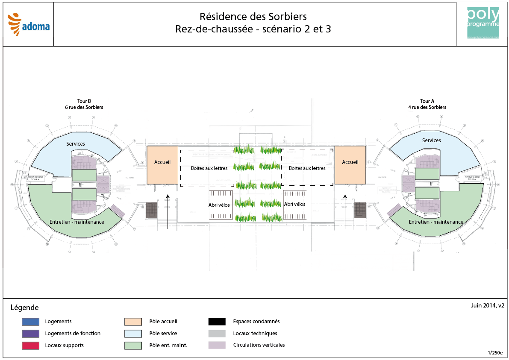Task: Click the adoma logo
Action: [29, 24]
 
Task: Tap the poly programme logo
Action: [483, 23]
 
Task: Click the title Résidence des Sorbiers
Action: [253, 17]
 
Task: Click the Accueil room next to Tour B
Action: [162, 165]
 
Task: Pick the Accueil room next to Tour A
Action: [350, 165]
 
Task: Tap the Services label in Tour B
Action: [76, 144]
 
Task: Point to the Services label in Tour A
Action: [431, 140]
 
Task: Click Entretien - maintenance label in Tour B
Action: [76, 222]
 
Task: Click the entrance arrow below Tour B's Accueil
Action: [168, 211]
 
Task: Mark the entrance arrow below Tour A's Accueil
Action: [345, 211]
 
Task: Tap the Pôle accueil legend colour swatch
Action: [133, 322]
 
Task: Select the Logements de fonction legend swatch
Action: [30, 334]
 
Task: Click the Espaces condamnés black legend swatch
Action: [217, 322]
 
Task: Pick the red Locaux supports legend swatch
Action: [30, 345]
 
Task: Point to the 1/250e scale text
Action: [495, 353]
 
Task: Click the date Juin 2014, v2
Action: [488, 305]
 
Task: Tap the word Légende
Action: [24, 307]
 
